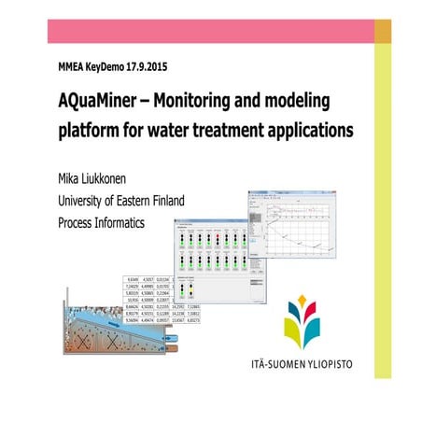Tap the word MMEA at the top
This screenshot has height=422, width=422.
pyautogui.click(x=70, y=67)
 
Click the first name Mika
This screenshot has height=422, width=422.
pyautogui.click(x=71, y=177)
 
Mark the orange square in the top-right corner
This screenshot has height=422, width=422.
pyautogui.click(x=383, y=31)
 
